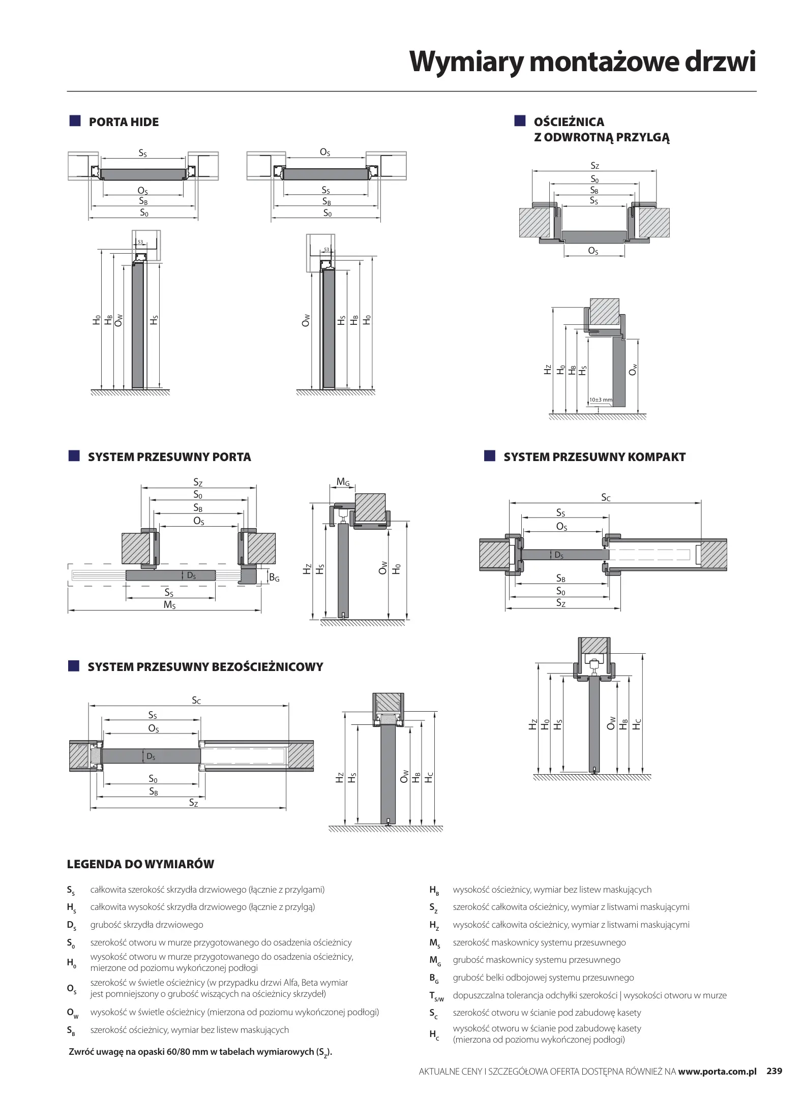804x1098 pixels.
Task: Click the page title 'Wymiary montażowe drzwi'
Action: coord(582,62)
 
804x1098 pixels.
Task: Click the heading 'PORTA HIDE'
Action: coord(124,122)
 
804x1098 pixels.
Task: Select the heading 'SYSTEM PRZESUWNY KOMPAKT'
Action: coord(594,457)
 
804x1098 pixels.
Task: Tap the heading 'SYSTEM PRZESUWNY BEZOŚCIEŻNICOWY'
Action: coord(205,667)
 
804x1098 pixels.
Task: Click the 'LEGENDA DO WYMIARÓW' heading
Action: coord(140,864)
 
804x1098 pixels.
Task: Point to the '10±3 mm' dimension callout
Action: coord(601,400)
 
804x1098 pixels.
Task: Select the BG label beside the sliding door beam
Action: coord(274,577)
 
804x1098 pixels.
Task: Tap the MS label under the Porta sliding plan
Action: coord(169,605)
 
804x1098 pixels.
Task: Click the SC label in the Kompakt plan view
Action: coord(606,498)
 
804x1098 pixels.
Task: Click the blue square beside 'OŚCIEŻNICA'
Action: coord(519,120)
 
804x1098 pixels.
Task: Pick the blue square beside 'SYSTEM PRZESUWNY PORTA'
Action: coord(75,455)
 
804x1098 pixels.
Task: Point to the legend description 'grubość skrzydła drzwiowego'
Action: coord(146,925)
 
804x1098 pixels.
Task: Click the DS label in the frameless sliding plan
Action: coord(151,756)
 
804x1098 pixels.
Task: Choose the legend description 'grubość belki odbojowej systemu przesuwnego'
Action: coord(543,978)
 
